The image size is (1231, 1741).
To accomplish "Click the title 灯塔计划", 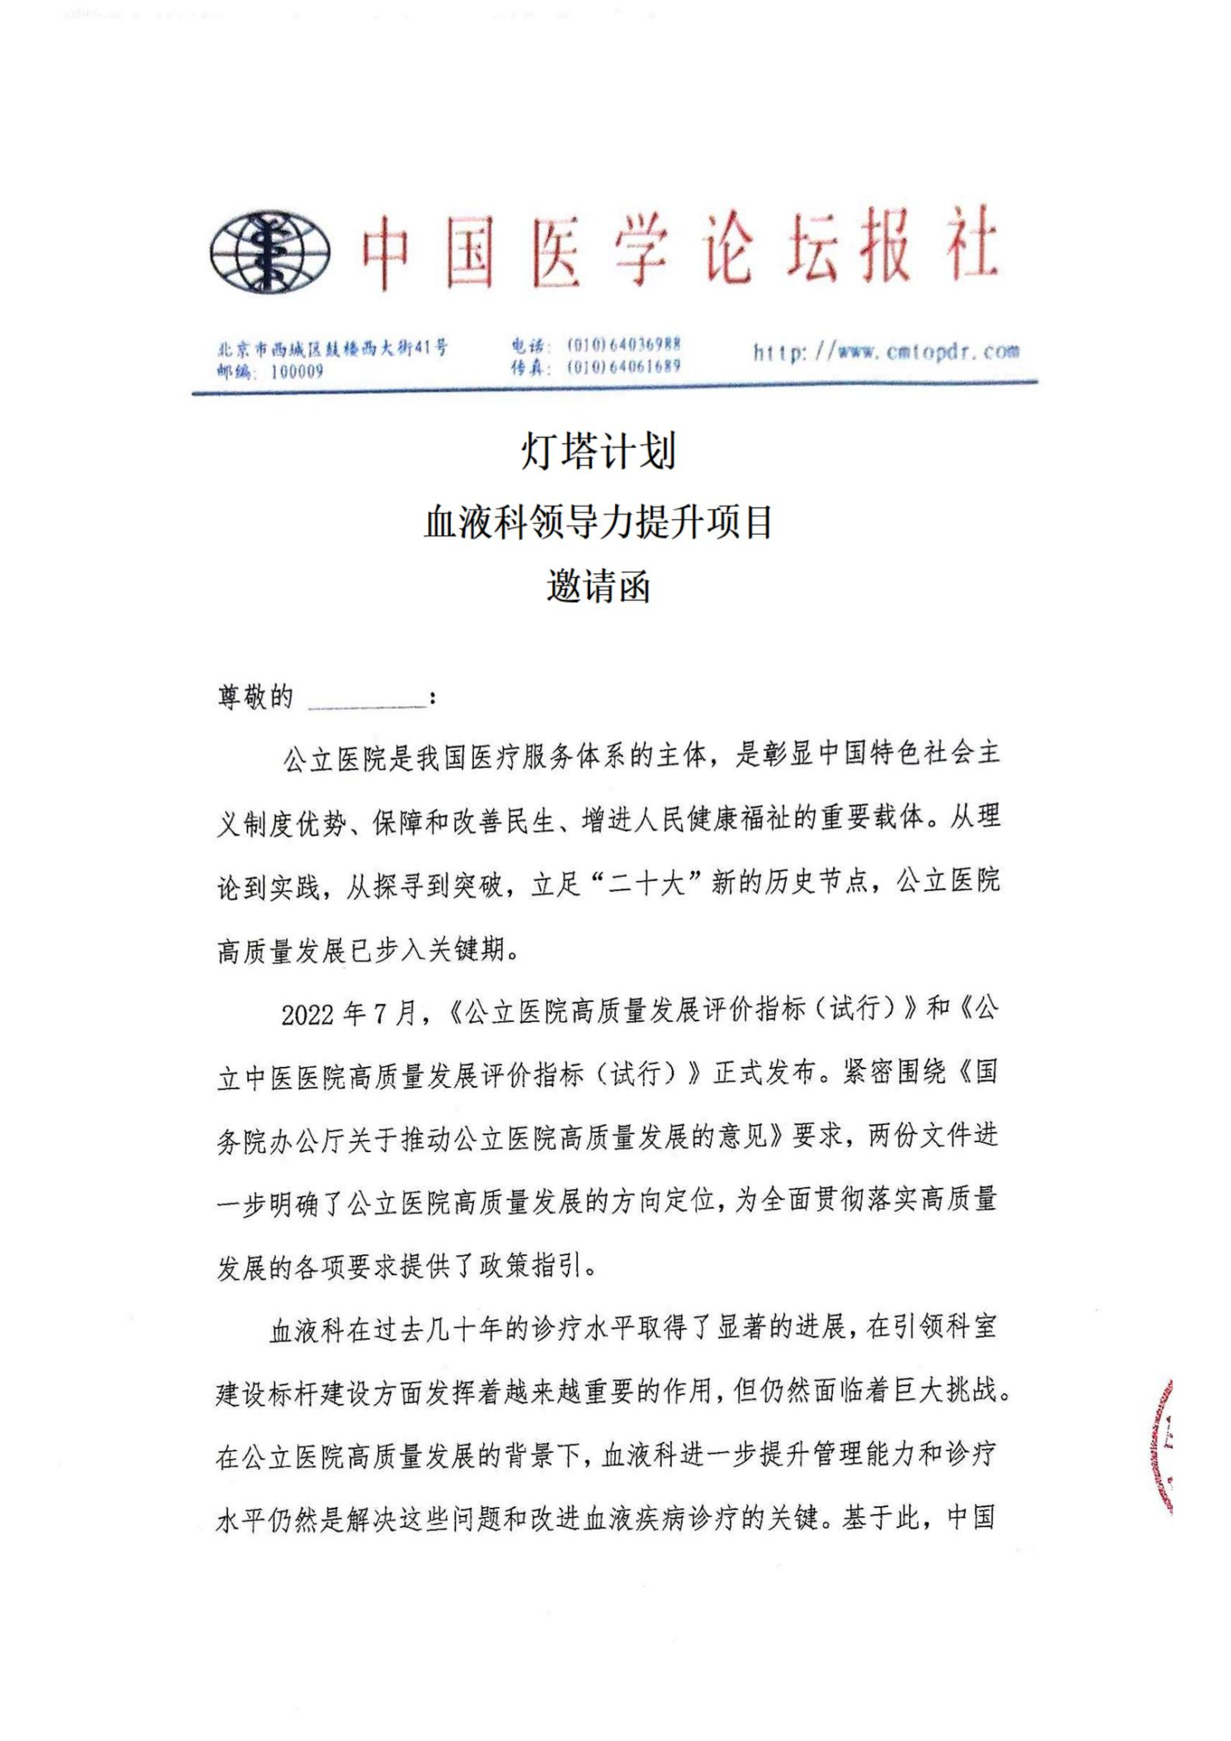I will (598, 452).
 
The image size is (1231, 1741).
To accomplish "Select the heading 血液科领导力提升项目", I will (598, 522).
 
